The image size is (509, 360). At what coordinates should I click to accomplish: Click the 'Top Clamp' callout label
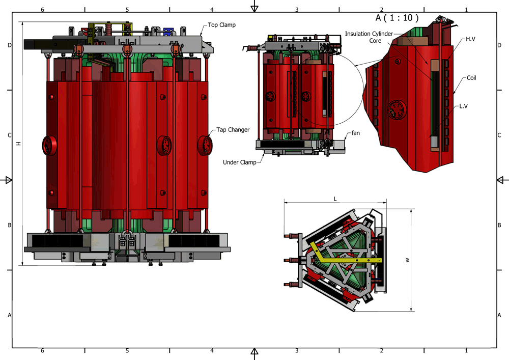click(221, 25)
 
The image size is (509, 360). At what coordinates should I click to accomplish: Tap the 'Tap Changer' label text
click(233, 130)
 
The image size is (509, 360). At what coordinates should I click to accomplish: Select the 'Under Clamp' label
click(240, 162)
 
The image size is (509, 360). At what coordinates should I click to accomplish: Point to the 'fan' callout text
click(355, 133)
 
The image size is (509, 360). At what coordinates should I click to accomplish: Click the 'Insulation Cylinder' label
click(369, 34)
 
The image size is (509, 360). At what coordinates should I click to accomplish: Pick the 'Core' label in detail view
click(375, 41)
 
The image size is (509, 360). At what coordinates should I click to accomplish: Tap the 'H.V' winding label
click(470, 39)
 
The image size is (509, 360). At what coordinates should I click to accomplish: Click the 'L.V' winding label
click(463, 106)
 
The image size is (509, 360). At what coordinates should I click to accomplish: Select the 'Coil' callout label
click(471, 78)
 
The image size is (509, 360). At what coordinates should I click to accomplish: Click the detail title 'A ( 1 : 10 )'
click(397, 17)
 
